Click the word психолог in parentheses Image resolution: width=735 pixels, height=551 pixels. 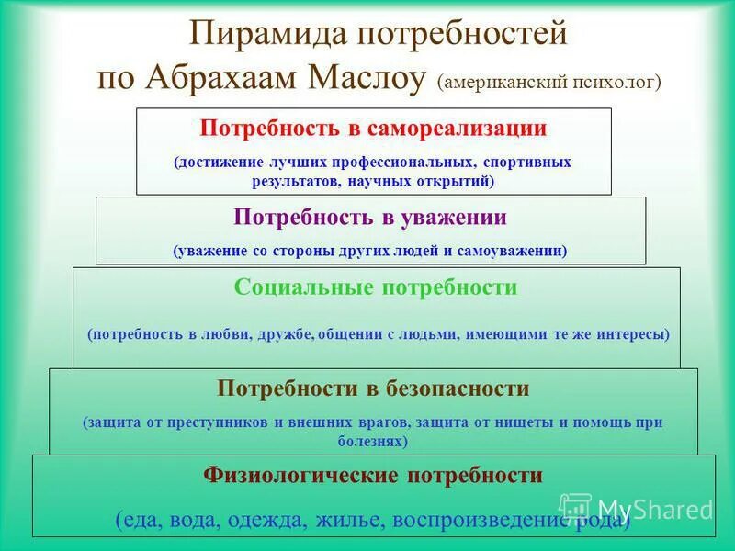(x=616, y=82)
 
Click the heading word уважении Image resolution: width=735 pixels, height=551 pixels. (x=445, y=218)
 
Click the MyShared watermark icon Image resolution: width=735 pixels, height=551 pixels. (x=576, y=508)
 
